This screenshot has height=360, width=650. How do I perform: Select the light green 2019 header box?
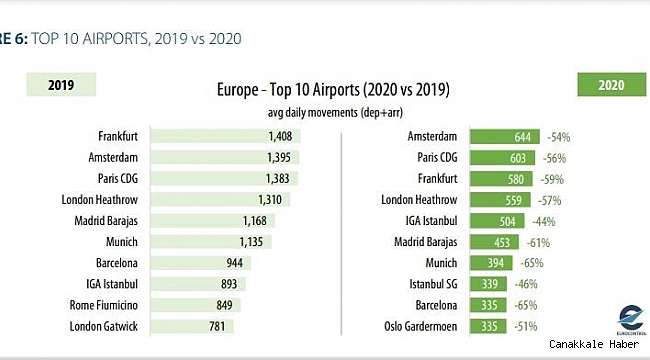pos(66,86)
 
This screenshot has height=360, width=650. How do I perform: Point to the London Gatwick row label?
pos(104,326)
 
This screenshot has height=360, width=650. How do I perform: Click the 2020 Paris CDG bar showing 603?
pos(505,157)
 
